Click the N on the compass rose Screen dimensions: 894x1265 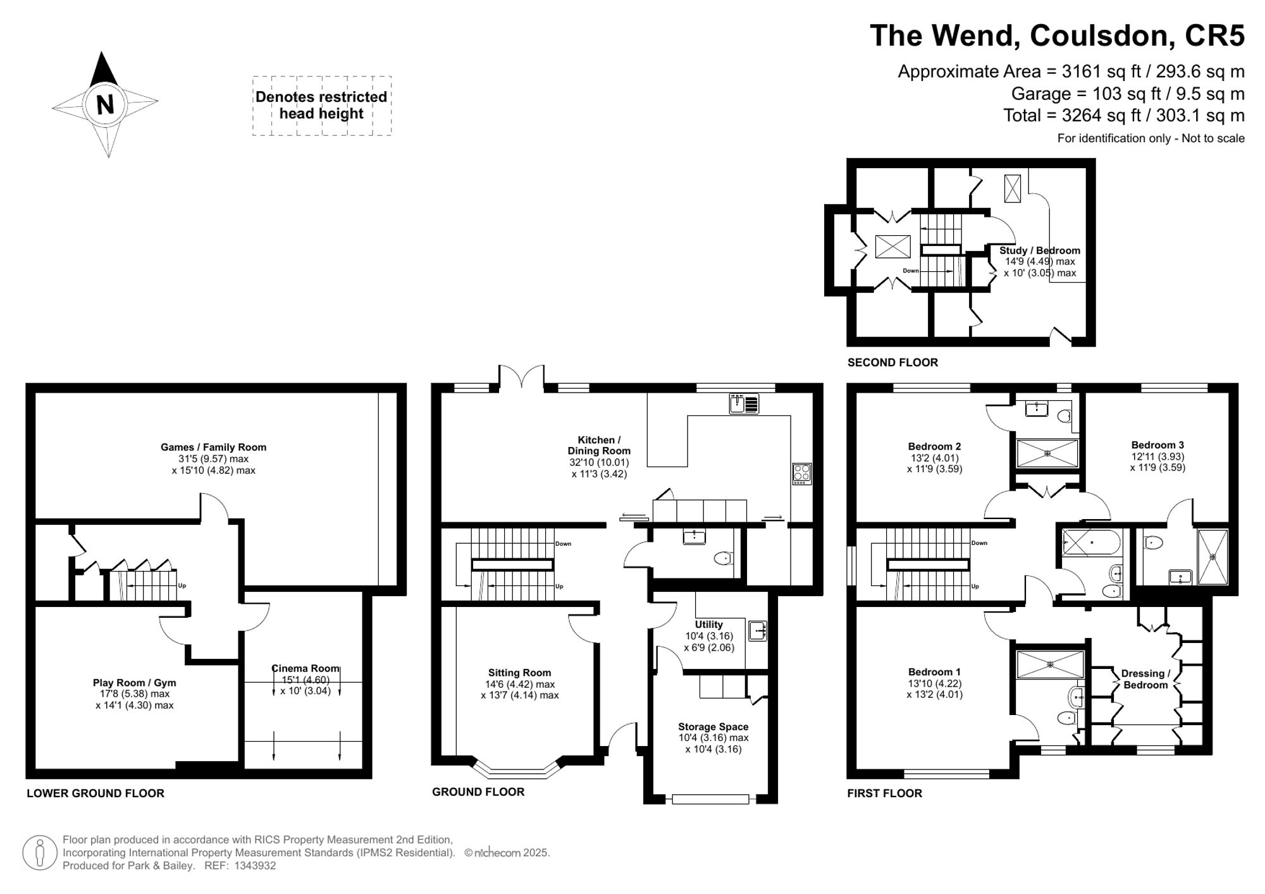pos(105,103)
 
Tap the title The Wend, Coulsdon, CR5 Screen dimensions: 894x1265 pos(1056,35)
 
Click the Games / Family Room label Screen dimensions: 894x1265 pos(213,448)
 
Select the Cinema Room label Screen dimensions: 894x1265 pos(305,669)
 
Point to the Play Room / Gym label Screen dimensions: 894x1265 pos(134,683)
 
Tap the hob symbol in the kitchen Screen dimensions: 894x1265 pos(801,474)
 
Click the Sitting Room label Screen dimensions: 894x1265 pos(519,673)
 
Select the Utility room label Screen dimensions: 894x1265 pos(708,625)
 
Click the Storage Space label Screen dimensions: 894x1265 pos(713,727)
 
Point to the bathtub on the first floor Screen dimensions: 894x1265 pos(1091,542)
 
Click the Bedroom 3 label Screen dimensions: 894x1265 pos(1157,445)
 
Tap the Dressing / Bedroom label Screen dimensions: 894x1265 pos(1145,679)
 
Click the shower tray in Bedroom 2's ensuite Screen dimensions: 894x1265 pos(1047,453)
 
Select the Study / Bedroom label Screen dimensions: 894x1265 pos(1039,251)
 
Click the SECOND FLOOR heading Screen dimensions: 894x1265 pos(892,362)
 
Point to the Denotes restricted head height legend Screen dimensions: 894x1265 pos(321,106)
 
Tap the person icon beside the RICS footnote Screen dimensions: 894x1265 pos(40,853)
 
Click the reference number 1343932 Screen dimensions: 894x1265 pos(255,866)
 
